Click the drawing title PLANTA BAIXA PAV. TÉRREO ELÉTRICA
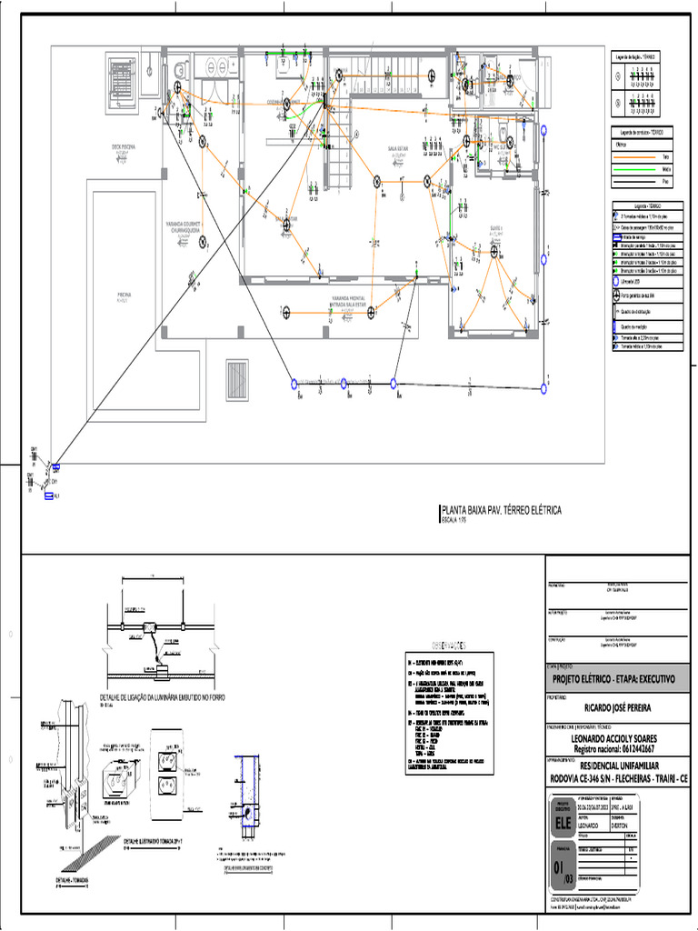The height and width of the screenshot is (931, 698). point(502,511)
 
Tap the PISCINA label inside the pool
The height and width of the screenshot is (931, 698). point(125,295)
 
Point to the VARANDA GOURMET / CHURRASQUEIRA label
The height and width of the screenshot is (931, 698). point(182,226)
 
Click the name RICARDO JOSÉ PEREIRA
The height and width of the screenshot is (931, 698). point(617,706)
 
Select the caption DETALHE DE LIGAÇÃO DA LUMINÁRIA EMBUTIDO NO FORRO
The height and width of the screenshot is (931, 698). point(162,697)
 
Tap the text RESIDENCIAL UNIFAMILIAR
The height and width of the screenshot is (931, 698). point(617,766)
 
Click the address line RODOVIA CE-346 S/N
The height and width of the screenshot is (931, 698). point(617,778)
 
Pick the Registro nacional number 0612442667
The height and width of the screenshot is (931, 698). point(617,749)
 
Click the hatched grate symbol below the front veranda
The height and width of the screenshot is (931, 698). point(237,375)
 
